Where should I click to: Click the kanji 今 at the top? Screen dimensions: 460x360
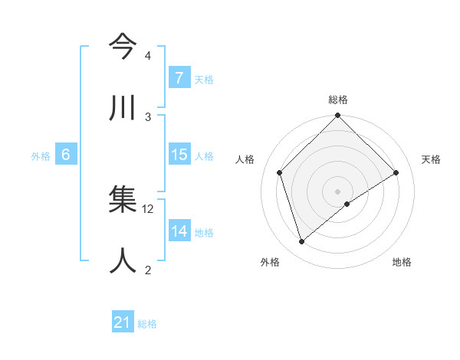(123, 48)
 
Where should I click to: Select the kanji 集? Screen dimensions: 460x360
(123, 201)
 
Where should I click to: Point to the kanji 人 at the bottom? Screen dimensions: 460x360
(123, 260)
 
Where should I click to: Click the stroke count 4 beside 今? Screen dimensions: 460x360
(148, 57)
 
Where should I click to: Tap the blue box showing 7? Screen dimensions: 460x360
(179, 78)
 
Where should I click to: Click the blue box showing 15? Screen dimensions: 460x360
(179, 155)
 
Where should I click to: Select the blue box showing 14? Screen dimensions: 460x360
(179, 231)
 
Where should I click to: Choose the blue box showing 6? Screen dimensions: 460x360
(66, 155)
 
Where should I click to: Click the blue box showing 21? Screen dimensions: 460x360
(123, 323)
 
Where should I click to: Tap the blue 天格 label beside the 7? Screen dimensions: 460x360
(204, 79)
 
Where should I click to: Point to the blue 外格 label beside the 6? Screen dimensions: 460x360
(41, 155)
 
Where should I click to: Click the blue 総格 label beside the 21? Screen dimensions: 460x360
(148, 324)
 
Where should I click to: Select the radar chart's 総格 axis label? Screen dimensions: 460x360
(338, 100)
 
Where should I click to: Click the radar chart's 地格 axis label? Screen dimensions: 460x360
(402, 262)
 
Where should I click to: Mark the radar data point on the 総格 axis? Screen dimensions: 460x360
(337, 116)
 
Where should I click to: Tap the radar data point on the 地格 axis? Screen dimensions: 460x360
(347, 204)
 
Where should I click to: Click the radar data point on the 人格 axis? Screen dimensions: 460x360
(280, 172)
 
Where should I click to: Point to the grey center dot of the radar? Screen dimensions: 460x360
(337, 191)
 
